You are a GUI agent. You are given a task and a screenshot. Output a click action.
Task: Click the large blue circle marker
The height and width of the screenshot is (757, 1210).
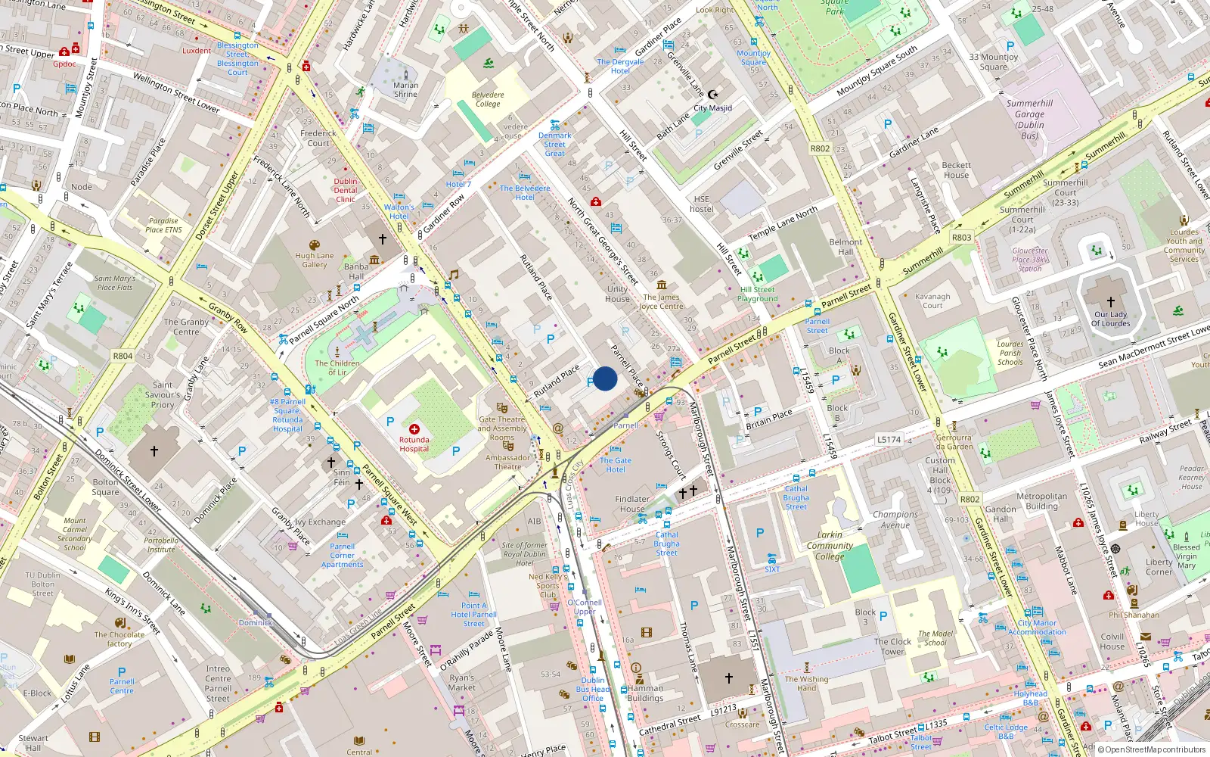tap(605, 378)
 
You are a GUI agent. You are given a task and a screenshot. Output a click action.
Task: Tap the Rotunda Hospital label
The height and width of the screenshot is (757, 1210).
tap(414, 444)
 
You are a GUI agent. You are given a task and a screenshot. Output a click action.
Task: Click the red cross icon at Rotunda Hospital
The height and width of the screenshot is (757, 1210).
tap(414, 429)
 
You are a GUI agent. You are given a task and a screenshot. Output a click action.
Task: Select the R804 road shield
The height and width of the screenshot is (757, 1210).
tap(123, 356)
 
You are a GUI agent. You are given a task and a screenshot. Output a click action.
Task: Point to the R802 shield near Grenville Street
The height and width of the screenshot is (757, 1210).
tap(820, 148)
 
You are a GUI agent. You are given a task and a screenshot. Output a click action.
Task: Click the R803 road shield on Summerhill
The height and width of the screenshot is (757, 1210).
tap(961, 237)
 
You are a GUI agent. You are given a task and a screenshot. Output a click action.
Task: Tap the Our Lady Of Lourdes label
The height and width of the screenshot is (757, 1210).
tap(1110, 319)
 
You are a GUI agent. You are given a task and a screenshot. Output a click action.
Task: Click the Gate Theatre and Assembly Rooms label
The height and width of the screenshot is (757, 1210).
tap(502, 428)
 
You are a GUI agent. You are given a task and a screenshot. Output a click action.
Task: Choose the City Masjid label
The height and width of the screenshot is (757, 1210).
tap(712, 107)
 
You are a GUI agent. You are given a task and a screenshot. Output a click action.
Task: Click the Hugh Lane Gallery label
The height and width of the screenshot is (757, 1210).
tap(315, 260)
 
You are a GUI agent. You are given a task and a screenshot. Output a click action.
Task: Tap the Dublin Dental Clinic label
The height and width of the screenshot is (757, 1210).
tap(346, 190)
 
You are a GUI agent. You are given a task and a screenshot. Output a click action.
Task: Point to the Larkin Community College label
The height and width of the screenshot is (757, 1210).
tap(830, 545)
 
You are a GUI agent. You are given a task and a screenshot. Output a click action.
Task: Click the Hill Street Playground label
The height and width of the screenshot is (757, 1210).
tap(757, 294)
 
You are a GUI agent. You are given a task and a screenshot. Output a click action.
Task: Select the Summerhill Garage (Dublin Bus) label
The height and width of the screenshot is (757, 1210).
tap(1029, 120)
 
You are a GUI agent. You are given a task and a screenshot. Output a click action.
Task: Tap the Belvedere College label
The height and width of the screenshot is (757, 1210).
tap(488, 100)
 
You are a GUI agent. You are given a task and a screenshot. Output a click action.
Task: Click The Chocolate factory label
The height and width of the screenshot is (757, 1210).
tap(119, 639)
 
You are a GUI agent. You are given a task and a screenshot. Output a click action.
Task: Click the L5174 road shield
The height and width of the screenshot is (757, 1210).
tap(889, 439)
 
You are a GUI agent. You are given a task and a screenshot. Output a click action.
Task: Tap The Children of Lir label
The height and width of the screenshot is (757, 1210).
tap(337, 367)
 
